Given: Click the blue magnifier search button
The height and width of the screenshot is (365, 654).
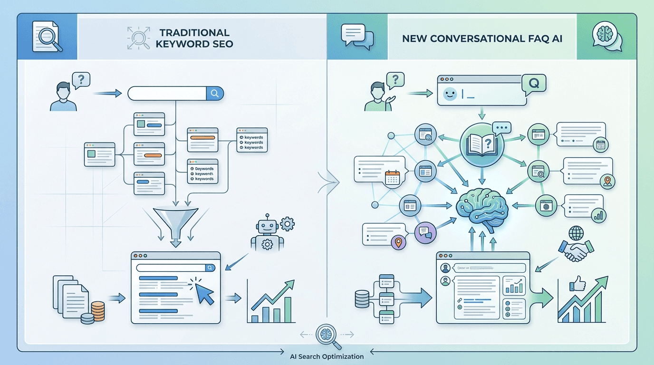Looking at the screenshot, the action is click(x=215, y=94).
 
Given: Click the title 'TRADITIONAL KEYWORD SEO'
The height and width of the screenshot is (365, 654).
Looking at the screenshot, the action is click(x=194, y=38).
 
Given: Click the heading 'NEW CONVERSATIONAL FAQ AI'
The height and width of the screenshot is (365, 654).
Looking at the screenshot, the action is click(x=482, y=39).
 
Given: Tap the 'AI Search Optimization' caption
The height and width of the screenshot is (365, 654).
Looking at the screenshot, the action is click(x=327, y=356).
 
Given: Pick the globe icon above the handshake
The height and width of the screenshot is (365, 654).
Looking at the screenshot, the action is click(x=576, y=234).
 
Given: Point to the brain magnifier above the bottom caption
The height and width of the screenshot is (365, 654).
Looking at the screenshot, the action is click(x=327, y=334).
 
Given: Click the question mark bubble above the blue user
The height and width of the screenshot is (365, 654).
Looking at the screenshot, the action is click(x=81, y=79).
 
